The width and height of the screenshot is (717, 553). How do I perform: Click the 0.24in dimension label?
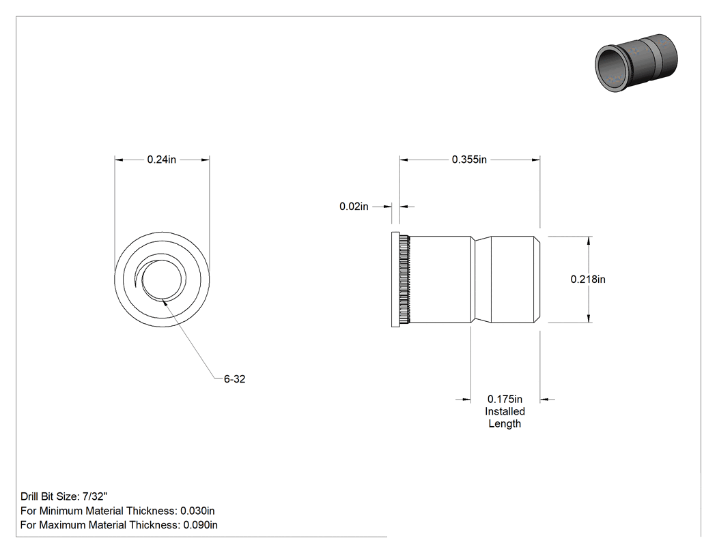point(161,160)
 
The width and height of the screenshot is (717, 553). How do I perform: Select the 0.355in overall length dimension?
point(469,160)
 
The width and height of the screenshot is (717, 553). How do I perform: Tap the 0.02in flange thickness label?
point(354,207)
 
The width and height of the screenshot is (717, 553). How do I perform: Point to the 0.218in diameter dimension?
point(587,279)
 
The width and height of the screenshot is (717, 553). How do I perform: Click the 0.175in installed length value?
point(505,399)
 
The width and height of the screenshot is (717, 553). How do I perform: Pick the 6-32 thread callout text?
point(235,379)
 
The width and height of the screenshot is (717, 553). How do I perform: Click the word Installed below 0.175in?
point(505,411)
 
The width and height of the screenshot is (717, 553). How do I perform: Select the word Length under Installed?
point(505,423)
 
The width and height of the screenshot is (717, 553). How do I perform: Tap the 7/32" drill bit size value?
point(95,496)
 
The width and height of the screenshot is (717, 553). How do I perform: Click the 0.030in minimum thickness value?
point(197,511)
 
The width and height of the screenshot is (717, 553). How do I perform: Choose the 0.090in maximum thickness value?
point(200,524)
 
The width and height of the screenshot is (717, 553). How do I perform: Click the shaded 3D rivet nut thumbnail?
point(636,63)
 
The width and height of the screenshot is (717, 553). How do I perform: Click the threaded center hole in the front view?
point(162,280)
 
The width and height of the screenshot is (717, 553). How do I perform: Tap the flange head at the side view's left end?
point(395,280)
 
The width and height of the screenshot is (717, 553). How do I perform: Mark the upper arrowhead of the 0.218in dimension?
point(588,241)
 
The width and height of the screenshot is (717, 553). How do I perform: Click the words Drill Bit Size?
point(49,496)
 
